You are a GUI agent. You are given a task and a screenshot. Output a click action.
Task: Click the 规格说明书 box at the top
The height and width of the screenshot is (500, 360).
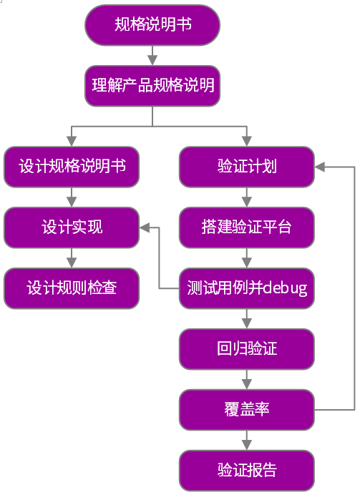click(x=152, y=25)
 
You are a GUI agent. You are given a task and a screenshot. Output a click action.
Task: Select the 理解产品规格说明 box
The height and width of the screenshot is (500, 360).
click(x=152, y=86)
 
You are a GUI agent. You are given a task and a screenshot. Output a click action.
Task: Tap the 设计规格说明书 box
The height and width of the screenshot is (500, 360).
click(x=72, y=167)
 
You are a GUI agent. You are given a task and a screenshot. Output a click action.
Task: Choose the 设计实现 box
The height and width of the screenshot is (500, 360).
click(x=72, y=227)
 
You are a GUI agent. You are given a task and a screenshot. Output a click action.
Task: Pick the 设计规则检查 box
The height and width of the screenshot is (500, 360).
click(x=72, y=288)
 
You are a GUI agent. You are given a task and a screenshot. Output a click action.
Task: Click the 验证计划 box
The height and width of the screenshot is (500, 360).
click(x=247, y=167)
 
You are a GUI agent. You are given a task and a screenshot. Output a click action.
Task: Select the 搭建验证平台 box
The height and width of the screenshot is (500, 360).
click(x=247, y=227)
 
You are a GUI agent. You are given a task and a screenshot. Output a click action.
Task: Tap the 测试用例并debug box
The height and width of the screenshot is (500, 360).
click(x=247, y=288)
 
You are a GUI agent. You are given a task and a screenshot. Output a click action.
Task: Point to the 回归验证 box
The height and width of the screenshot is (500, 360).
click(x=247, y=349)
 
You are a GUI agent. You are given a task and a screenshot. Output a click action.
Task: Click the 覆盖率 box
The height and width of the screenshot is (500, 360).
click(x=247, y=410)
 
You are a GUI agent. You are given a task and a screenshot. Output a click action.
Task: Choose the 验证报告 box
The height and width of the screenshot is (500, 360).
click(x=247, y=471)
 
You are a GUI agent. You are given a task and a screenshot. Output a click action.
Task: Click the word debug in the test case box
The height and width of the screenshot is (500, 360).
click(x=285, y=288)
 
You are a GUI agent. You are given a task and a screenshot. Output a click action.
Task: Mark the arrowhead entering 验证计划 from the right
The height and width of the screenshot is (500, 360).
click(x=320, y=167)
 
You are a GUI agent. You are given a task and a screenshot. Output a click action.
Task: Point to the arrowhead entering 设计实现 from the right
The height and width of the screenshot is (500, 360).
click(x=145, y=227)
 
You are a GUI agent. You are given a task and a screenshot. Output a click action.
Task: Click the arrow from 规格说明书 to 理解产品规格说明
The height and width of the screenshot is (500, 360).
click(x=152, y=56)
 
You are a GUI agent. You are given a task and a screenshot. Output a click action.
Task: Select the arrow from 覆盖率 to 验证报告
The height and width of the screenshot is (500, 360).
click(x=247, y=440)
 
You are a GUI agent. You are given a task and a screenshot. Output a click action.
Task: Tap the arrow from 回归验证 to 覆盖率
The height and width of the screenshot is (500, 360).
click(x=247, y=379)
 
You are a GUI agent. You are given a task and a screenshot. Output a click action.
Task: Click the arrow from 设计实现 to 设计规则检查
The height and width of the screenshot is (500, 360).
click(x=72, y=258)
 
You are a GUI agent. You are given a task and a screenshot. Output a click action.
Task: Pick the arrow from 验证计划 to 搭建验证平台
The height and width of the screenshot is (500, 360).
click(x=247, y=197)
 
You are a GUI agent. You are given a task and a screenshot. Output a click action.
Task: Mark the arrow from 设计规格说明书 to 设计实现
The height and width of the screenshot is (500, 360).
click(x=72, y=197)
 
